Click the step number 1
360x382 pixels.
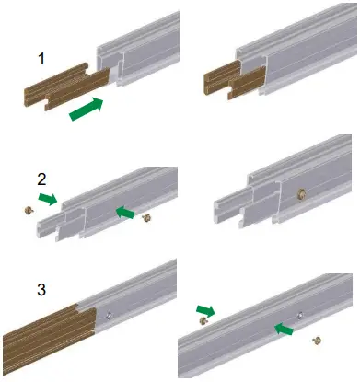(x=41, y=59)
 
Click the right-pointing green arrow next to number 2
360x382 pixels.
(x=47, y=198)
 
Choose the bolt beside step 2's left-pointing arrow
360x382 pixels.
(x=146, y=218)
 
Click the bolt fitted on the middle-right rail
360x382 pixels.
(x=302, y=195)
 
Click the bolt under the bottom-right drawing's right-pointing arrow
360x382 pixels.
(x=203, y=321)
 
